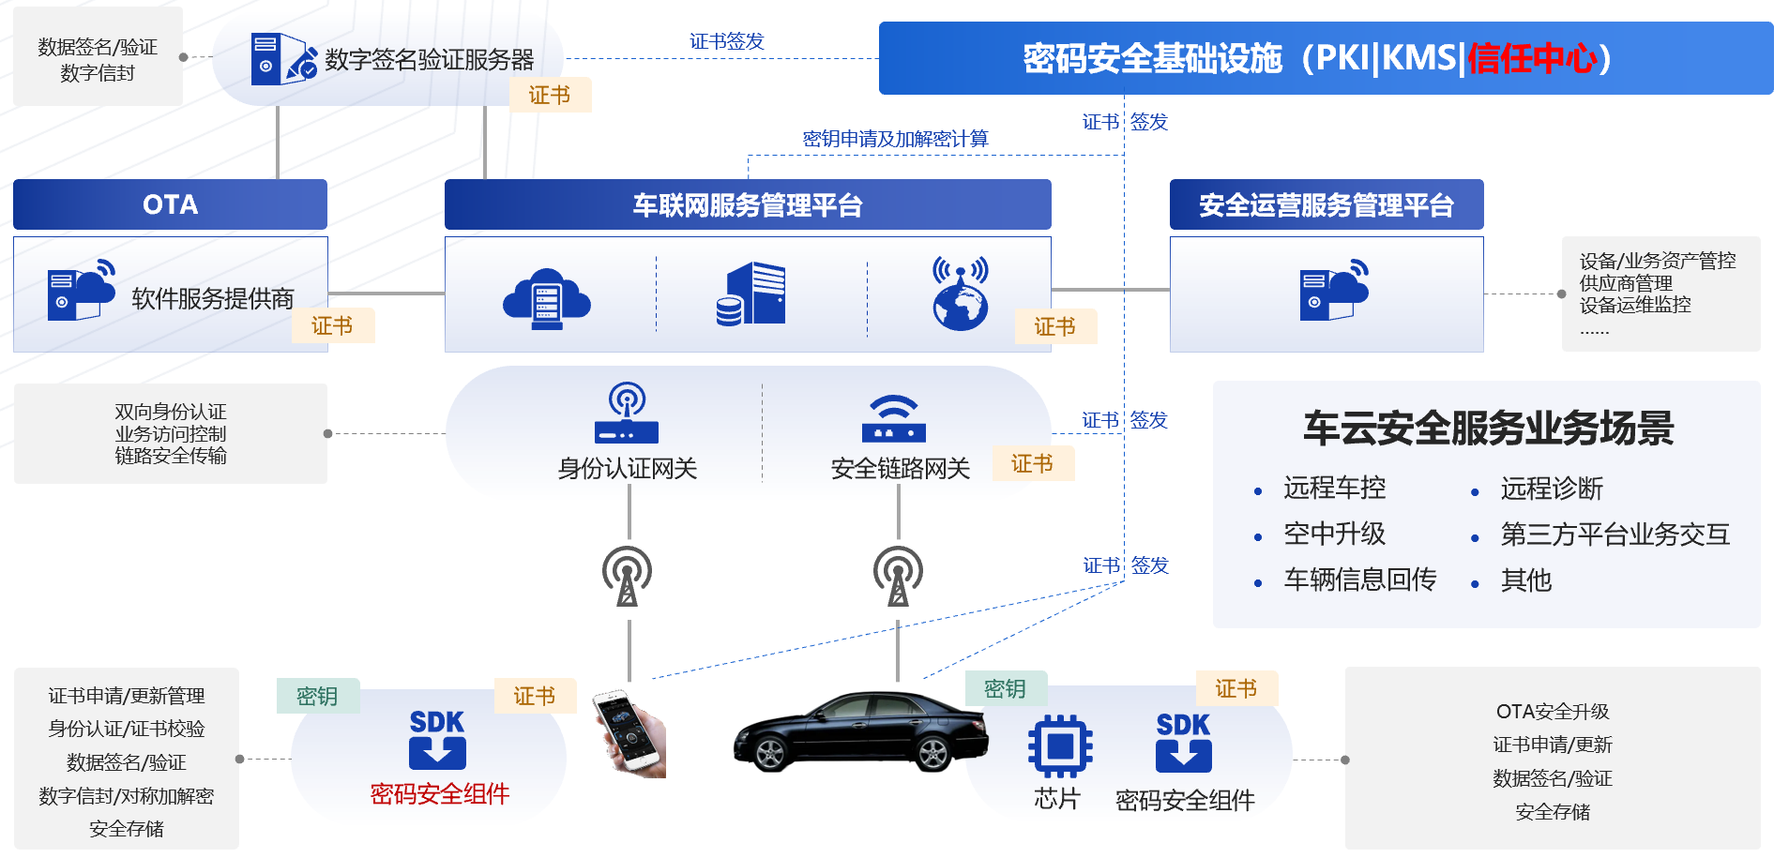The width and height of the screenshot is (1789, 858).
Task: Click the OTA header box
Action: (170, 204)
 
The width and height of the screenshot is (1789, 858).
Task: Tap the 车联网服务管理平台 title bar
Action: (747, 204)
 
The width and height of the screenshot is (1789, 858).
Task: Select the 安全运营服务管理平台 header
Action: (1326, 204)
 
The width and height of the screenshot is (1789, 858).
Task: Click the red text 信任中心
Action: (1532, 58)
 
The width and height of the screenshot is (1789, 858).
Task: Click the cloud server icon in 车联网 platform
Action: (547, 297)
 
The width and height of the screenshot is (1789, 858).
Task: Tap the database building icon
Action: (751, 294)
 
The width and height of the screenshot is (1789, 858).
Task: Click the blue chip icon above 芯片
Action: (1060, 746)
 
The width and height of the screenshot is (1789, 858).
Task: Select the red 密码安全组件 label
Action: (439, 794)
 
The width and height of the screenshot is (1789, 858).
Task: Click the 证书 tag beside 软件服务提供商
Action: (332, 325)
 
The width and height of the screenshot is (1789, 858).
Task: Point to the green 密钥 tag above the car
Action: (1005, 688)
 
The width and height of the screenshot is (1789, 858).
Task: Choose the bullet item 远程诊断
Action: (1552, 489)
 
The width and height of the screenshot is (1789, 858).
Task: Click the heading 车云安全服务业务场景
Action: (1488, 429)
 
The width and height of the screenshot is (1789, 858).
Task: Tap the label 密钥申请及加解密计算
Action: (895, 139)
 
